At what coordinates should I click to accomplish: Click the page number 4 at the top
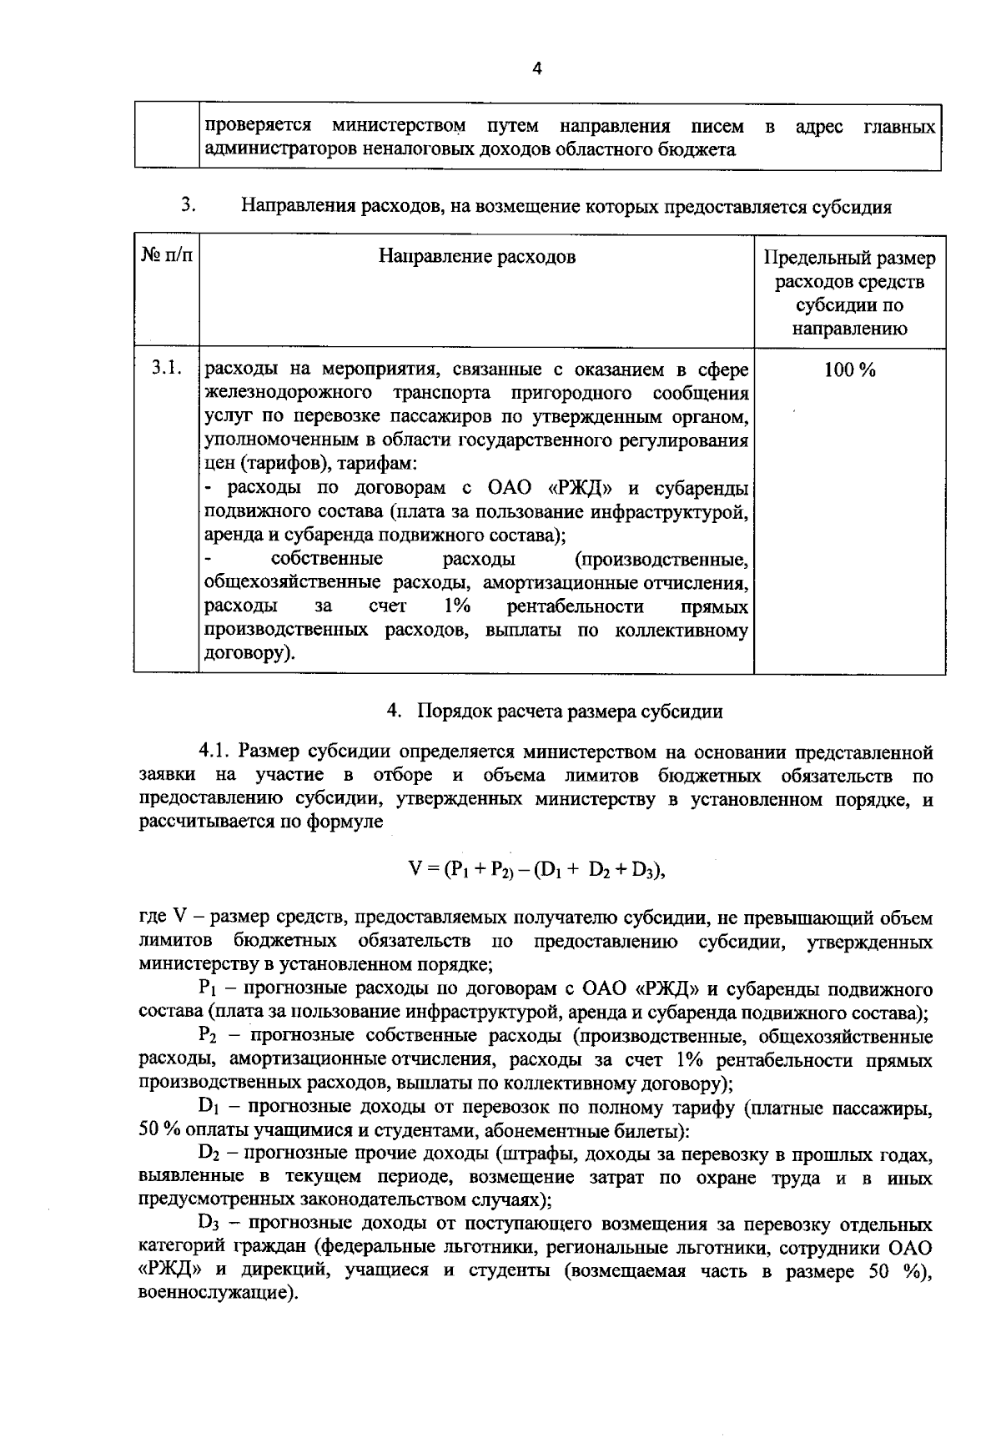537,70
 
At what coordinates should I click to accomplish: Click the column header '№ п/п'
167,256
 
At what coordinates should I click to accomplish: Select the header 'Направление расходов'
476,256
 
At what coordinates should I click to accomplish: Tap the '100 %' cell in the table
849,371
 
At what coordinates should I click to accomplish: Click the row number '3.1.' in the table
167,368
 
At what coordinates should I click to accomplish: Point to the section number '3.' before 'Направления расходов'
189,205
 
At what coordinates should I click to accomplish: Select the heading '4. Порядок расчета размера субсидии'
555,711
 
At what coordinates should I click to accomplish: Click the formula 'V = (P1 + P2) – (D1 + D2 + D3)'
537,870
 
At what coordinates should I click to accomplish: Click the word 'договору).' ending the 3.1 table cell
249,654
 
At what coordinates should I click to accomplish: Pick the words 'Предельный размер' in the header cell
849,259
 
